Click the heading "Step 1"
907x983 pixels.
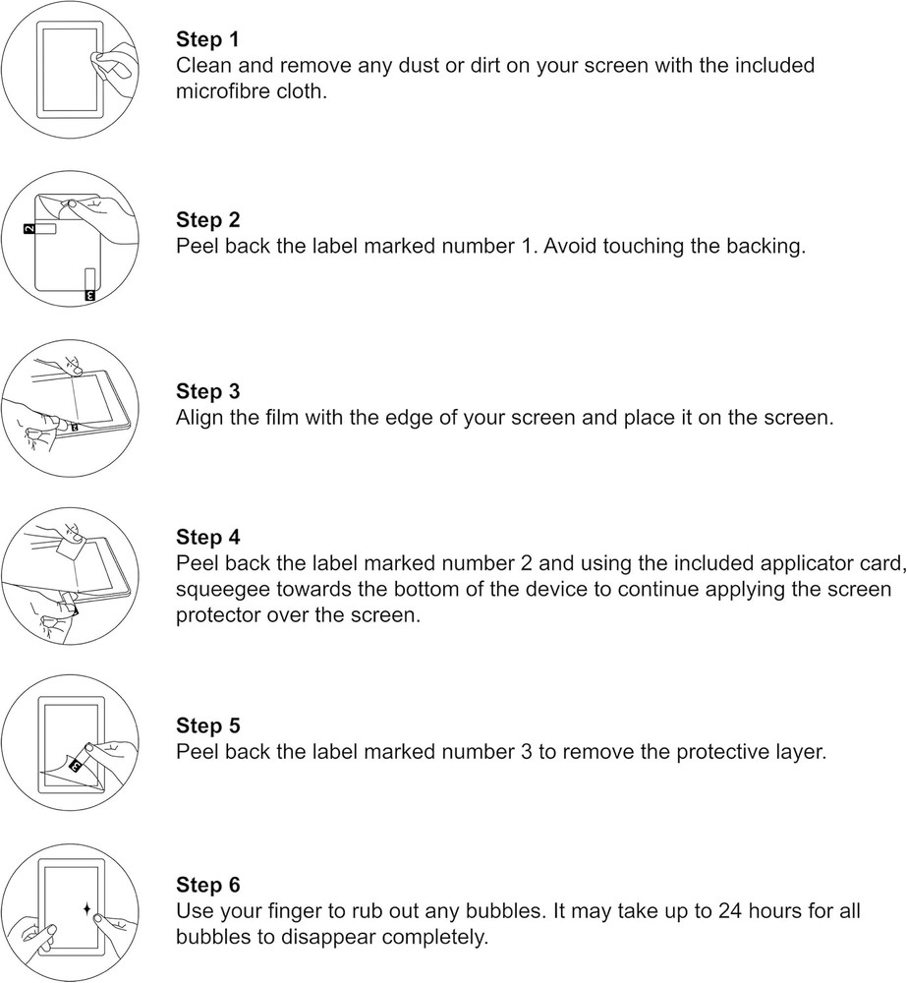(x=207, y=40)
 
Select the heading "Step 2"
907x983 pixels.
(x=207, y=220)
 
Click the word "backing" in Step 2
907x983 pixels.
(x=763, y=247)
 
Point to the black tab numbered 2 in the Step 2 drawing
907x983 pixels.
(x=28, y=229)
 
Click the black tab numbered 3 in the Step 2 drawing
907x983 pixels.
(x=89, y=293)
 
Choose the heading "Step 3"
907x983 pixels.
(x=207, y=391)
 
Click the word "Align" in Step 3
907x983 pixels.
(x=200, y=418)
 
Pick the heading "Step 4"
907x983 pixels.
(x=207, y=538)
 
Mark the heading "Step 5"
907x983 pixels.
(x=207, y=726)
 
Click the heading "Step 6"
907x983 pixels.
(x=207, y=885)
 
